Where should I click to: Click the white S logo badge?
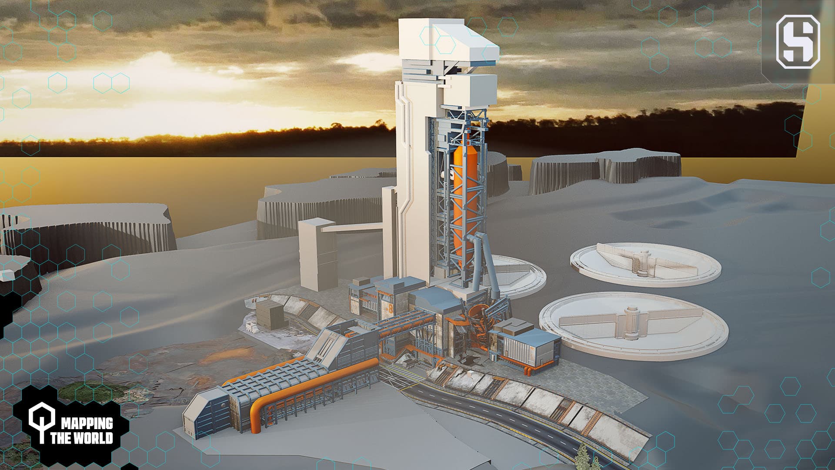pos(798,42)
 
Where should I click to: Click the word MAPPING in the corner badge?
pos(87,423)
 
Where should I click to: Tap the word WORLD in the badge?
pos(93,437)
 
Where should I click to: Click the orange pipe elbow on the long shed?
pos(257,411)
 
